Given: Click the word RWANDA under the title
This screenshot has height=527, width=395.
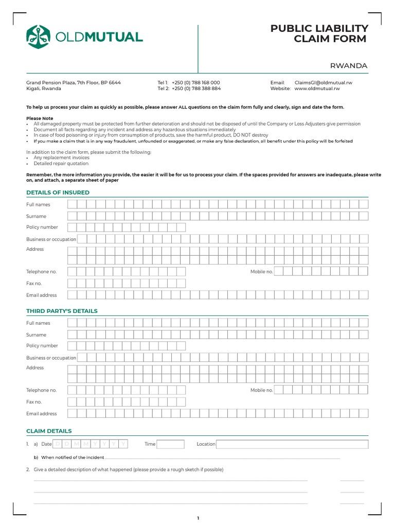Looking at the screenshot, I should [349, 65].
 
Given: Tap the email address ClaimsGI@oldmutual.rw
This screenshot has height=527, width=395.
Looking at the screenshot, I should [323, 82].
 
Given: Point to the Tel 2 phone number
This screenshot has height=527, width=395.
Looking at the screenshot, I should [196, 89].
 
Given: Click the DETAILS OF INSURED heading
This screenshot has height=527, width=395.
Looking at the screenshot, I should [58, 192].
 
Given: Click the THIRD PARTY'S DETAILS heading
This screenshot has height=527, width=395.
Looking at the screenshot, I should [62, 311].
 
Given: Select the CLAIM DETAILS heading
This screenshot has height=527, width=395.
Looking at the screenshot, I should [49, 431].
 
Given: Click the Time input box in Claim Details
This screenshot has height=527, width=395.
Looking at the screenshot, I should [170, 444].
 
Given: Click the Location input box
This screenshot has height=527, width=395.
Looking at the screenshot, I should [292, 444].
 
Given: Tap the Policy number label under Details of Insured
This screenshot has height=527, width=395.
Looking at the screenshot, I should [42, 227].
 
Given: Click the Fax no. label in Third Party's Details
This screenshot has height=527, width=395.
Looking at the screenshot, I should [34, 402].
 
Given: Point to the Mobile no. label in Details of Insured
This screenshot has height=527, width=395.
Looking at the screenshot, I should [261, 272].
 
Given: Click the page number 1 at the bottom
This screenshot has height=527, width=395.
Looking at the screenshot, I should [197, 518].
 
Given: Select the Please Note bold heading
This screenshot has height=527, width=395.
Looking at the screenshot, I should [40, 118].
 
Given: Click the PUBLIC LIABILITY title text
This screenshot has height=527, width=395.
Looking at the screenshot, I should [319, 29].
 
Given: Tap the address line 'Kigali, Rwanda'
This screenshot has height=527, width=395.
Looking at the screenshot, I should [44, 89].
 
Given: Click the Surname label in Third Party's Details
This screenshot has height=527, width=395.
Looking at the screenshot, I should [36, 335].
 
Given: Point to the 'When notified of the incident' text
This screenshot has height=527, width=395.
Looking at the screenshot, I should [73, 458].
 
